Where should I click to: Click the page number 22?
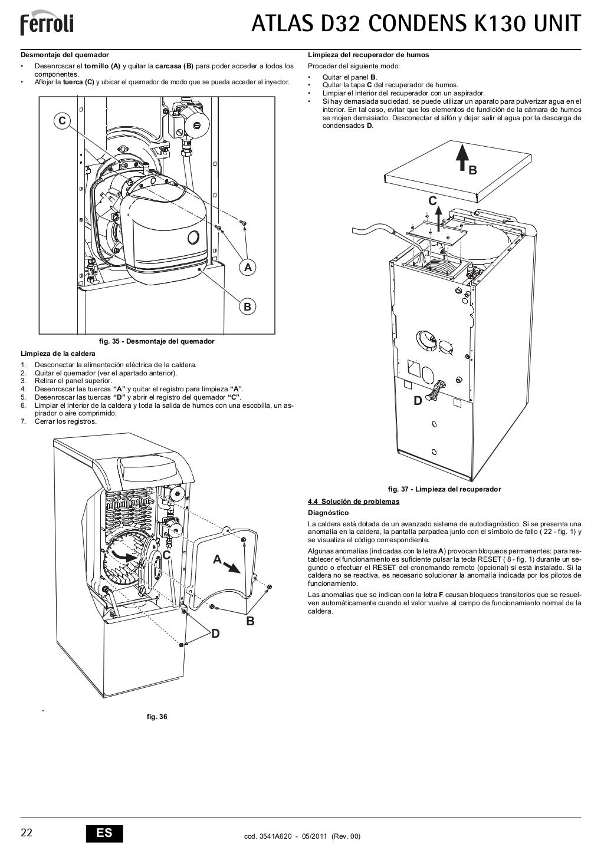(x=27, y=832)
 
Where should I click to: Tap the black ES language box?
(x=104, y=832)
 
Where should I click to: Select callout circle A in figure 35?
(x=248, y=268)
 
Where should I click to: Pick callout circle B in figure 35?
(x=248, y=306)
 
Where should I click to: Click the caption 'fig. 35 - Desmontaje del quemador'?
(x=156, y=341)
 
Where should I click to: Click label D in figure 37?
(x=418, y=401)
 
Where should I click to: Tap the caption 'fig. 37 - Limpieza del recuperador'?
(x=444, y=489)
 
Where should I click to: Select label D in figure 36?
(x=215, y=634)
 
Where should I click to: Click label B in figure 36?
(x=250, y=621)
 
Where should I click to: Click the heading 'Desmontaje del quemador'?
(x=65, y=55)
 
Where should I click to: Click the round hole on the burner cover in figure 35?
(x=193, y=237)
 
